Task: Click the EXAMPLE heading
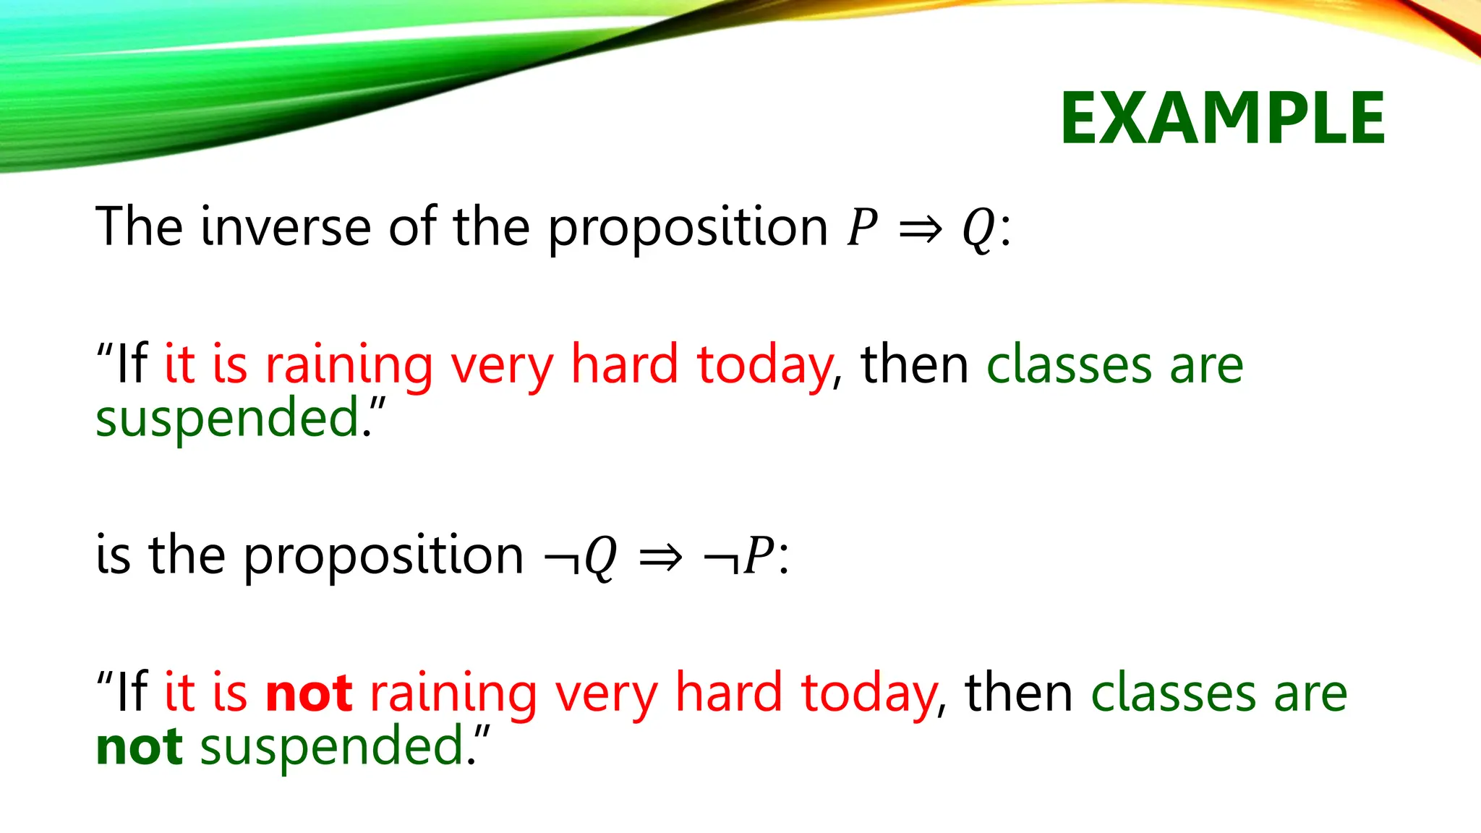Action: click(1222, 119)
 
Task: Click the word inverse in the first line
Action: click(286, 226)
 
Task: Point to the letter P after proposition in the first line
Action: click(862, 228)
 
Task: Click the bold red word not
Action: click(309, 693)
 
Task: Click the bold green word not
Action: click(139, 746)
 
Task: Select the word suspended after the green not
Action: click(333, 748)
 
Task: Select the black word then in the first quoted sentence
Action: click(914, 364)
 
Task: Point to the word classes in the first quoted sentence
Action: click(1069, 366)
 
